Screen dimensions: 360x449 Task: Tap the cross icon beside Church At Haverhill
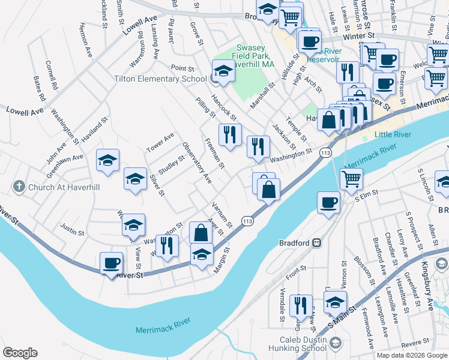(20, 186)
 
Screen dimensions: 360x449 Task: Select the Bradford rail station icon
(316, 243)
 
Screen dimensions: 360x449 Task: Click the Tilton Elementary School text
(161, 79)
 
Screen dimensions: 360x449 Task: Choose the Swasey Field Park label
(255, 55)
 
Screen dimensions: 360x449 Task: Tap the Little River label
(393, 134)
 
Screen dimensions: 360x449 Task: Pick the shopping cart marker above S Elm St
(351, 178)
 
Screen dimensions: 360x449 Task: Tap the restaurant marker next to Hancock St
(230, 134)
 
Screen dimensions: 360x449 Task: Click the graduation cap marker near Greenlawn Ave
(107, 160)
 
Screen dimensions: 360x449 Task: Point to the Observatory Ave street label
(197, 163)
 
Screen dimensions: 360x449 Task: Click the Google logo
(20, 353)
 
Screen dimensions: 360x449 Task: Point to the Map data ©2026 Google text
(412, 355)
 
